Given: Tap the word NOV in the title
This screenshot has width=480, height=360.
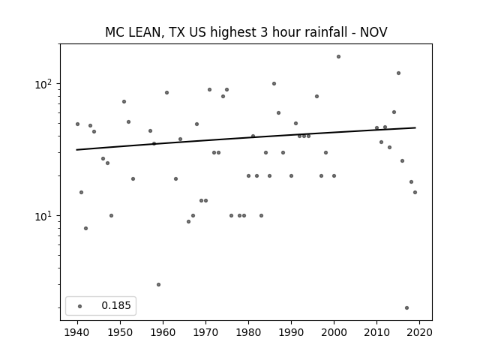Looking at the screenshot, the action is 373,32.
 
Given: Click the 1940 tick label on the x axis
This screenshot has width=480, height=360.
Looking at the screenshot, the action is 77,332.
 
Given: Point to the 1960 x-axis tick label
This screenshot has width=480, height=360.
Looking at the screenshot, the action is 163,332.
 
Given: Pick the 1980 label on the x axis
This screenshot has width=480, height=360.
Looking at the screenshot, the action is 248,332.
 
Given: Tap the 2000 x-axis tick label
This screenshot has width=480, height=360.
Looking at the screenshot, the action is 334,332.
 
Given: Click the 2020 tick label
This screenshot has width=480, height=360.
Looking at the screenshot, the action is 419,332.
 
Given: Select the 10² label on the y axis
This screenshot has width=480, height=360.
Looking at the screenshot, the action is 44,84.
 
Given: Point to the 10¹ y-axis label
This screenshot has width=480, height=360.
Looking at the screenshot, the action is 44,216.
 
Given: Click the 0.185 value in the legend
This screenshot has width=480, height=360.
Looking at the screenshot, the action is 116,305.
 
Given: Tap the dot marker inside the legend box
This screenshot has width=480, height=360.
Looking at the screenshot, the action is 80,306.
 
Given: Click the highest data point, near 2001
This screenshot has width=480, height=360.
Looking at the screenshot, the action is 338,57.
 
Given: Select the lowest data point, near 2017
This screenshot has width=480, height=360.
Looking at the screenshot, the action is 406,308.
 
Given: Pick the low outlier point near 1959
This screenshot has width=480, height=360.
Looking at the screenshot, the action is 158,285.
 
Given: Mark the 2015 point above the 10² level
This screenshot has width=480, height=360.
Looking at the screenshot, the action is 398,73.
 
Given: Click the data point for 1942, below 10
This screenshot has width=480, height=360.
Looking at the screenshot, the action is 85,228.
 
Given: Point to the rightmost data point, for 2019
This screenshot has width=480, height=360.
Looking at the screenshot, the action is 415,192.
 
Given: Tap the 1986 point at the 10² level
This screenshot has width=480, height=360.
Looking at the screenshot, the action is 274,83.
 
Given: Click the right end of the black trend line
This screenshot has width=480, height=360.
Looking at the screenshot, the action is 415,127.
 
